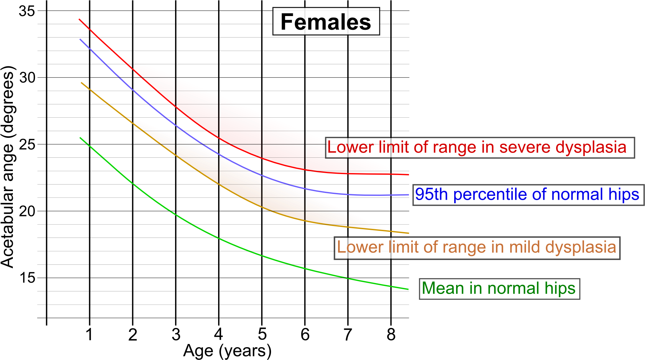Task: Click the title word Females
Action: click(x=326, y=22)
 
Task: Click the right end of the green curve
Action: click(x=408, y=289)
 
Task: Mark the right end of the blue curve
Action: click(x=408, y=195)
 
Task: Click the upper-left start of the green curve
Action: click(x=80, y=138)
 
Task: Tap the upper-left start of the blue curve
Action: click(x=80, y=39)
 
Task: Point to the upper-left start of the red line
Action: click(x=79, y=19)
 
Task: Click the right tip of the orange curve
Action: click(x=409, y=233)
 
